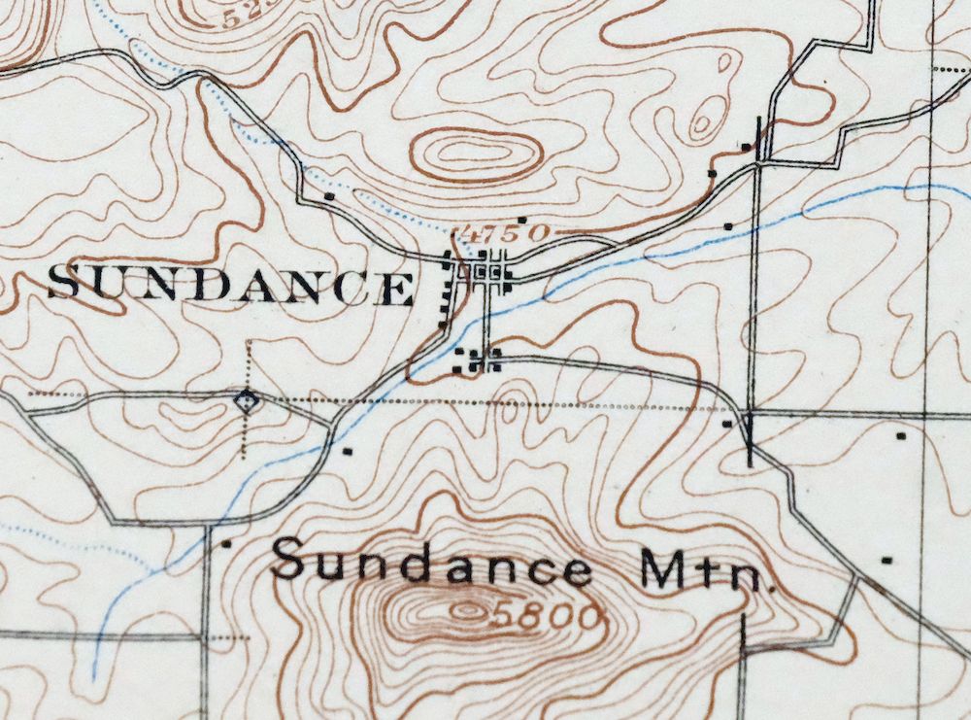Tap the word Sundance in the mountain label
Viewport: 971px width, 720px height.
431,564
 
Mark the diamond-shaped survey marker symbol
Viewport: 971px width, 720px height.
248,398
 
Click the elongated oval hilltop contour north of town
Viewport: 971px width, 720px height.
476,154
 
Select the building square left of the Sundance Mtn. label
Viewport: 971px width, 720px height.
227,544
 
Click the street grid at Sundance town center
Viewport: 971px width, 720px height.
485,272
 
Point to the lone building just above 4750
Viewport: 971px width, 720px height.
521,220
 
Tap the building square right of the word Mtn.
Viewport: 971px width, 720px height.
886,560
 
